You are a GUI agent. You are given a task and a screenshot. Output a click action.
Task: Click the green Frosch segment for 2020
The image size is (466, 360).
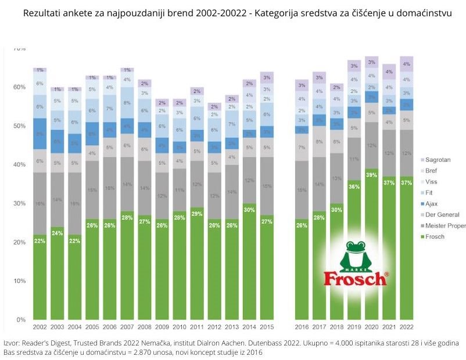(x=371, y=244)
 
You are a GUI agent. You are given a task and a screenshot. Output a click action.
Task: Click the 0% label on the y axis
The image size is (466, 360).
(x=21, y=320)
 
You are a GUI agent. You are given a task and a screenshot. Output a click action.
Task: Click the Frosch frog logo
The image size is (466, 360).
(x=355, y=264)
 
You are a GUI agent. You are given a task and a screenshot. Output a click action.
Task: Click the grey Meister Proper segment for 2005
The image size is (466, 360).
(x=92, y=190)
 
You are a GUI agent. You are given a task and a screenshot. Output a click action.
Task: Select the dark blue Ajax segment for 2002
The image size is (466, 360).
(x=40, y=134)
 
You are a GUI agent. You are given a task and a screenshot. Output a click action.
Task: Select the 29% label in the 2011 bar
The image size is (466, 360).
(x=197, y=214)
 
